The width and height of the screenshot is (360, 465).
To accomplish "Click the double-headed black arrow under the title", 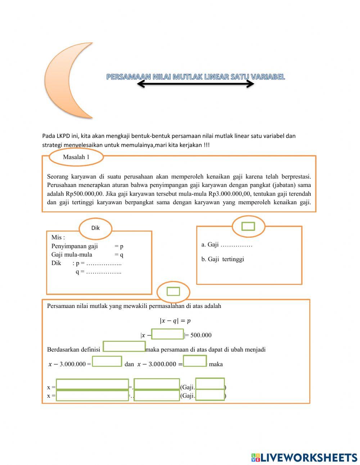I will [195, 84].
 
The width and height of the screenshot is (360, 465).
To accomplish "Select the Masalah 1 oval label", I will [76, 157].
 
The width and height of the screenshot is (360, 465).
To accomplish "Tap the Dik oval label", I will [95, 228].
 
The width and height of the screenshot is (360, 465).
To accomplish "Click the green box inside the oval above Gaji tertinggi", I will [248, 226].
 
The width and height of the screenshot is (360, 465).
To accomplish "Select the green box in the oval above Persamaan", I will [173, 291].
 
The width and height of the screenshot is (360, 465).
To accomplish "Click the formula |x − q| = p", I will [175, 321].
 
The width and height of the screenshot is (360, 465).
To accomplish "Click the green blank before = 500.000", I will [167, 334].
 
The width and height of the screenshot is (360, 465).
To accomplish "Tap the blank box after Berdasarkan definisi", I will [124, 346].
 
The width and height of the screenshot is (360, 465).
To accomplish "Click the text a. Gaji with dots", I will [227, 245].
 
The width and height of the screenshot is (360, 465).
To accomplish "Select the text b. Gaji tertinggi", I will [222, 259].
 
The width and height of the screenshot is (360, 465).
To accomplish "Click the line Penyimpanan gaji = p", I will [87, 246].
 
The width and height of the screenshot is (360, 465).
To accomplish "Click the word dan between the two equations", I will [129, 364].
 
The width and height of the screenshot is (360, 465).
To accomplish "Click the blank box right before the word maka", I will [195, 361].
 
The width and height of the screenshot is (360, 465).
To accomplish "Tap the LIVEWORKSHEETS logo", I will [304, 457].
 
